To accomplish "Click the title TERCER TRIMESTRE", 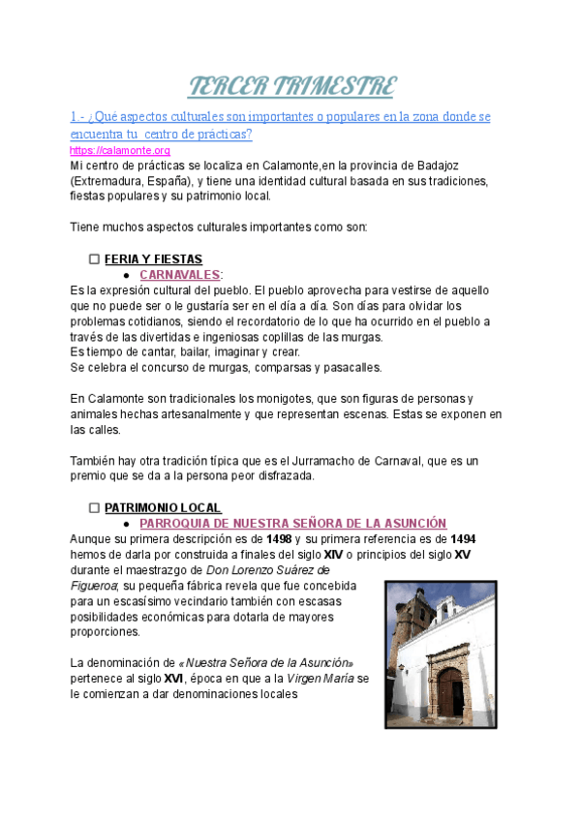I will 290,86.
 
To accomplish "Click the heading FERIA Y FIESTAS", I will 153,259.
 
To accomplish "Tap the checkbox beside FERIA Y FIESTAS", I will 94,259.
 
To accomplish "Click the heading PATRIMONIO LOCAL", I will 163,507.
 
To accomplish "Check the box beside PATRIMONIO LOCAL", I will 94,507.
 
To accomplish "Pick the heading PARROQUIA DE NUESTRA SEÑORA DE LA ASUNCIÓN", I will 292,523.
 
